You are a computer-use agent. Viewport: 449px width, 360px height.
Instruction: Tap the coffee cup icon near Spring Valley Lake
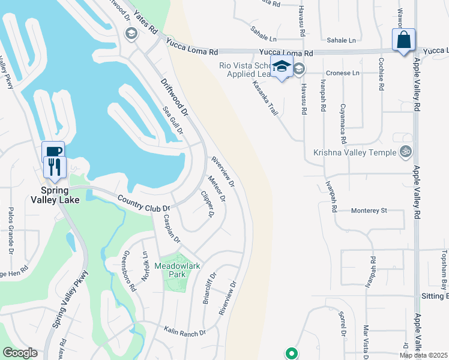coord(53,151)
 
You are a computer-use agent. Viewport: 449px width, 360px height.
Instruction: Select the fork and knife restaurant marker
coord(54,166)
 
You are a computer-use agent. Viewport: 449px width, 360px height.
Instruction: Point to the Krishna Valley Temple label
coord(355,152)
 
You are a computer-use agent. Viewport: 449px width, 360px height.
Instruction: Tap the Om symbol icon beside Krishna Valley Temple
coord(406,152)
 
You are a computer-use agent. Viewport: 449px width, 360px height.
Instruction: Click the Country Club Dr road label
coord(144,203)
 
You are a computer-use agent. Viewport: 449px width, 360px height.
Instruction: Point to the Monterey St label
coord(369,211)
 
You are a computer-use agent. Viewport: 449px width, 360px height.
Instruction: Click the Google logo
coord(20,353)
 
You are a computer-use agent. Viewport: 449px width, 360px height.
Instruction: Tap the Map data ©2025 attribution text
coord(424,355)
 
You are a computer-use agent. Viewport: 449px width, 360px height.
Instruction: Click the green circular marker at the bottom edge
coord(291,353)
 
